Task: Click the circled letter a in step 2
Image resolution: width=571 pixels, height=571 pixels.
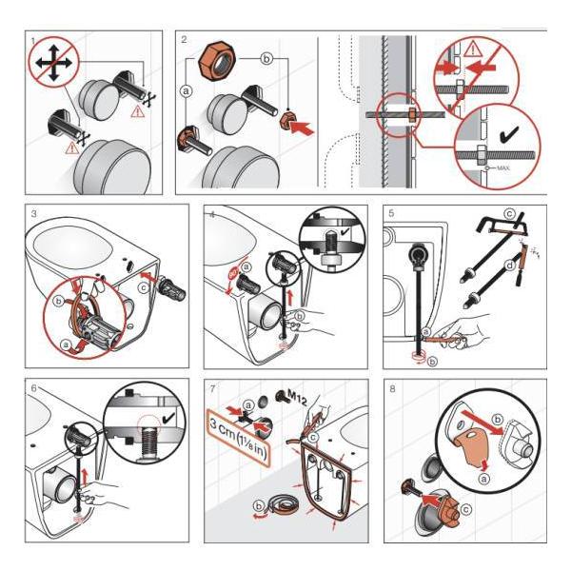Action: point(187,91)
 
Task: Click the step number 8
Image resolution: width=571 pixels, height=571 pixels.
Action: point(392,391)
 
